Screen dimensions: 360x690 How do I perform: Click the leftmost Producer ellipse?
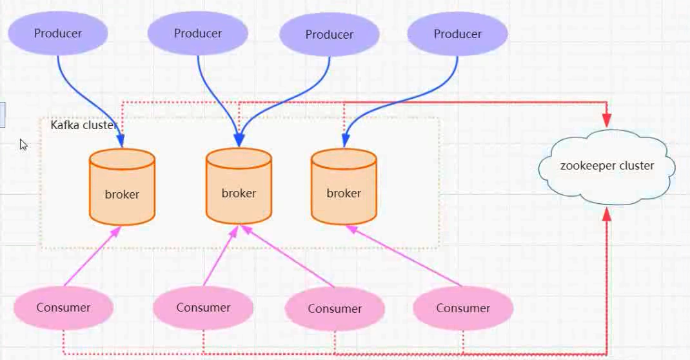coord(58,33)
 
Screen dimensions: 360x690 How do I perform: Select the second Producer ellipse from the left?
coord(197,34)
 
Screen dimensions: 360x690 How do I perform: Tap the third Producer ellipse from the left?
coord(330,34)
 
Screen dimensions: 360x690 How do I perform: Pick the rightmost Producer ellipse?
coord(458,34)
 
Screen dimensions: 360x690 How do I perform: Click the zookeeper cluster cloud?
coord(607,166)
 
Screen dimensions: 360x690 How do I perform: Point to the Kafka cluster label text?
coord(83,125)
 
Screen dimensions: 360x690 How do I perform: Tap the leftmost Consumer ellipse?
coord(63,308)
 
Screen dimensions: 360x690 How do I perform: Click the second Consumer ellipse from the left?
coord(203,308)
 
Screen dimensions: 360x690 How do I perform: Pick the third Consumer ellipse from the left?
coord(335,308)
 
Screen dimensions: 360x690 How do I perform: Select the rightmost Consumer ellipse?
coord(463,308)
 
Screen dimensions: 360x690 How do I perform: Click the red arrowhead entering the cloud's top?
coord(606,120)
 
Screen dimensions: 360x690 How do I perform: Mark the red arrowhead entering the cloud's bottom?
coord(606,215)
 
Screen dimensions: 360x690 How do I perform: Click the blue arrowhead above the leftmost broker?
coord(121,141)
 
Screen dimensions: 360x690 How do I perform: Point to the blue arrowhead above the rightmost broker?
coord(345,140)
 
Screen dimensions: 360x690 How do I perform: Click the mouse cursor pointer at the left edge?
coord(24,145)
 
